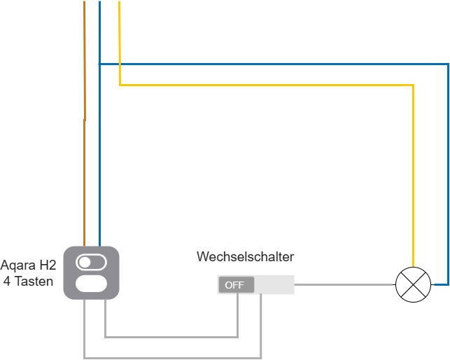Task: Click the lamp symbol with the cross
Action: (x=414, y=284)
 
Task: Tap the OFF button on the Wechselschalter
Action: (x=236, y=285)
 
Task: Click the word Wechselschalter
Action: (x=245, y=256)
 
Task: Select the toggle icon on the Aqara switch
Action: (x=91, y=263)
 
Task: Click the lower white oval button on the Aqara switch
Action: (x=91, y=284)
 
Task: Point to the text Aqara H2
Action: (x=28, y=265)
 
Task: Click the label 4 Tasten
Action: (x=28, y=281)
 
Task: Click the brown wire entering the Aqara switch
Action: (x=85, y=123)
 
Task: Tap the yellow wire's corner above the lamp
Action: (x=413, y=85)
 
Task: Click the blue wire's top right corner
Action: (x=448, y=64)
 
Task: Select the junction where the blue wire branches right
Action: (x=99, y=64)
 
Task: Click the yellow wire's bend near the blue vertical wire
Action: (x=120, y=85)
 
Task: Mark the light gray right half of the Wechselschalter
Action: (x=274, y=285)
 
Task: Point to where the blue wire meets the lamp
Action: (x=433, y=285)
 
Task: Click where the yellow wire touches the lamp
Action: (x=413, y=267)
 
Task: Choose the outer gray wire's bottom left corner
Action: (x=85, y=358)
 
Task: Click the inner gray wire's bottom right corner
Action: (x=238, y=337)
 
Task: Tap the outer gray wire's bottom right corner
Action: (x=261, y=358)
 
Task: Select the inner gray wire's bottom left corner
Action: (x=105, y=337)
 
